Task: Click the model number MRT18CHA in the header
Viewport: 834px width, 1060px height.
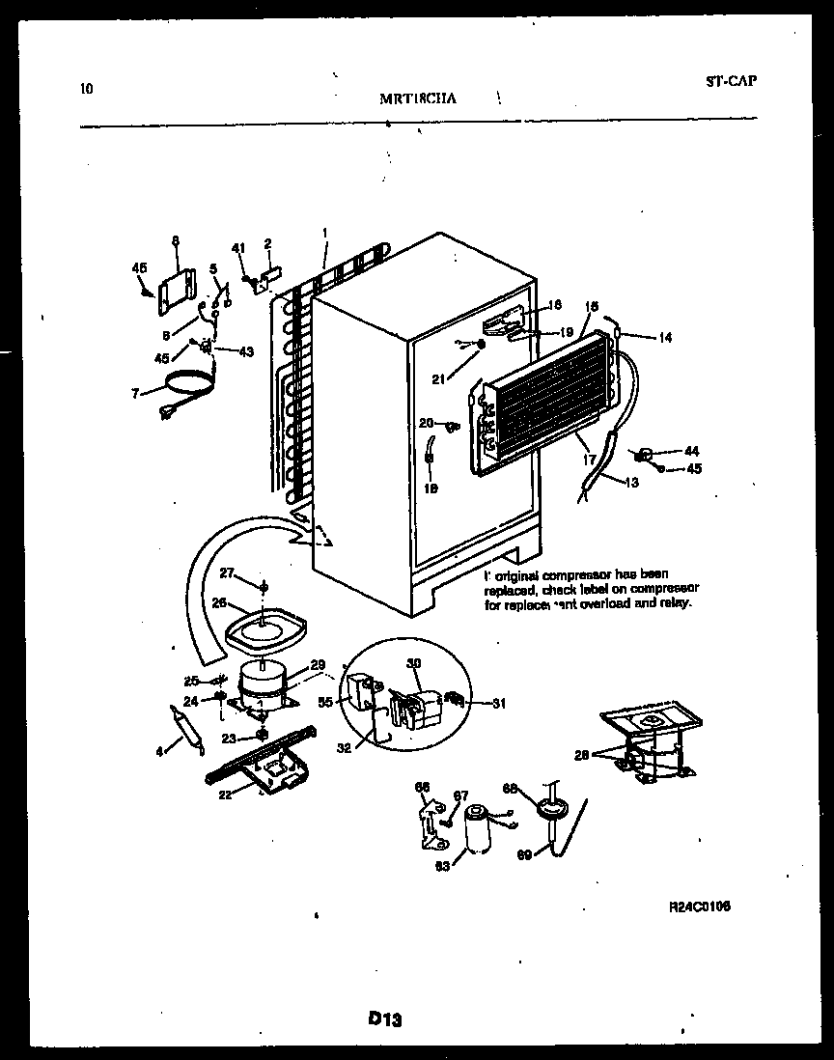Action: [420, 97]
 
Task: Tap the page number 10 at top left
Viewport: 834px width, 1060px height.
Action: [87, 90]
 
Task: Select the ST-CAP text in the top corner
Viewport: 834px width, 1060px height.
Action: [730, 80]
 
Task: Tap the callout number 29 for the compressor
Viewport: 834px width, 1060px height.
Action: [318, 664]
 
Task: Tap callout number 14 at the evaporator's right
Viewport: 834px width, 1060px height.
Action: [666, 338]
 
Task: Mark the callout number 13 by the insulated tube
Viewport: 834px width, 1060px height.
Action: [631, 483]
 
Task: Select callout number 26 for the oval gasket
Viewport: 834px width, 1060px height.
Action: [218, 603]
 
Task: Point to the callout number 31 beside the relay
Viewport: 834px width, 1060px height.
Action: [498, 703]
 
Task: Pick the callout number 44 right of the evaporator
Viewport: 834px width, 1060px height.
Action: [690, 451]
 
